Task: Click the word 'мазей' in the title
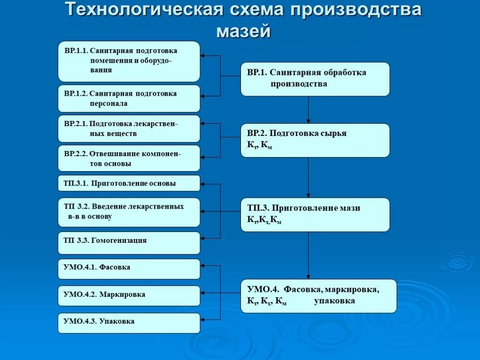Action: pos(243,31)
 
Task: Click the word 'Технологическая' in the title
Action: pos(142,10)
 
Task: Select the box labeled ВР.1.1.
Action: pos(129,61)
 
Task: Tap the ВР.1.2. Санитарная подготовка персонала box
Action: pos(129,98)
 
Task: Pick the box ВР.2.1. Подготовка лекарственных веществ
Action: pos(129,128)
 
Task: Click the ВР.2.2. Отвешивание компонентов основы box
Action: pos(129,158)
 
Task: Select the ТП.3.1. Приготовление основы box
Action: pos(129,183)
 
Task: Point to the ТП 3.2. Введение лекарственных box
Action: pos(129,212)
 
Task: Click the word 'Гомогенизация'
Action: pos(119,240)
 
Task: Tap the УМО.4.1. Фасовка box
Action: pos(129,268)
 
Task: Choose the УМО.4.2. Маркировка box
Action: pos(129,295)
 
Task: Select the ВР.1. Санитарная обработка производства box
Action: pos(315,79)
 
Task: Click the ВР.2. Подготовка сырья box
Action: pos(315,140)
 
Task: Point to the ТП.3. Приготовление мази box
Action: pos(315,214)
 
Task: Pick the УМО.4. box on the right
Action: pos(319,296)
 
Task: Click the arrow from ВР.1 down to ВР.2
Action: pos(308,110)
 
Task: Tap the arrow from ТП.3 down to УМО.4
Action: pos(308,255)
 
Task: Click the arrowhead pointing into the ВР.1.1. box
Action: pos(203,56)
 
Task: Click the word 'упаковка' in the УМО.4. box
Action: pos(334,301)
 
